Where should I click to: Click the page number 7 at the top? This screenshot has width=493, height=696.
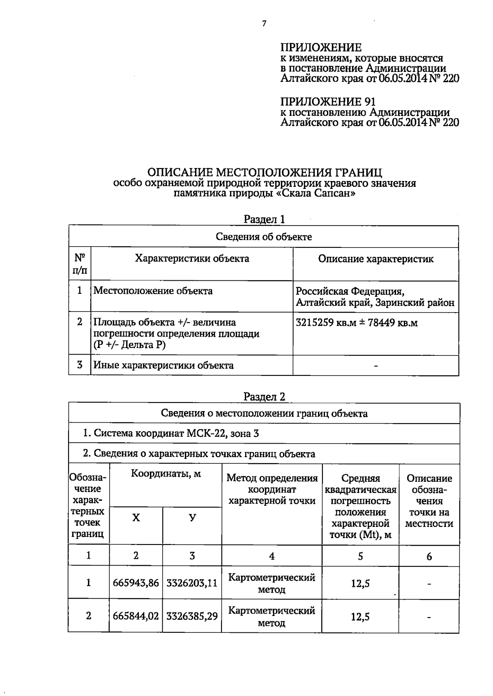click(264, 24)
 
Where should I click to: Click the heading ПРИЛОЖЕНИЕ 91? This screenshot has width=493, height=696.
click(328, 101)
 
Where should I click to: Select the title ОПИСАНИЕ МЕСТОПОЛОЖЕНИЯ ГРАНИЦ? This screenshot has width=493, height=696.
click(265, 172)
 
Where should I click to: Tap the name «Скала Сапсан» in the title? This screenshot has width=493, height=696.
click(315, 193)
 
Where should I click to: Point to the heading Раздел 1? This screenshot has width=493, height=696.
click(264, 219)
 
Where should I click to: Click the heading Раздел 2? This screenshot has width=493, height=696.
click(264, 396)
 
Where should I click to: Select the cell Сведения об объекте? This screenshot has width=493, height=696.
click(264, 237)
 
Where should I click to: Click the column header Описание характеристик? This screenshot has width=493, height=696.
click(376, 259)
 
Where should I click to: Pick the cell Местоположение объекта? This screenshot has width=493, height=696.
click(153, 291)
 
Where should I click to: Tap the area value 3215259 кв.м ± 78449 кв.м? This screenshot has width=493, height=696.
click(357, 323)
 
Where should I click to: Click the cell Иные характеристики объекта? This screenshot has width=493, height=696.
click(164, 365)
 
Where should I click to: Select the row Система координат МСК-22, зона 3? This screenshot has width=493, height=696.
click(170, 433)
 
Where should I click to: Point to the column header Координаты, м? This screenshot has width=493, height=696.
click(166, 474)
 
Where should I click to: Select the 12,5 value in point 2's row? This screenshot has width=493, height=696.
click(360, 616)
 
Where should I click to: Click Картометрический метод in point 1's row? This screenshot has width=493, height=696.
click(272, 583)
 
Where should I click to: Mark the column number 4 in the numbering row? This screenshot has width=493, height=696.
click(272, 556)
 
